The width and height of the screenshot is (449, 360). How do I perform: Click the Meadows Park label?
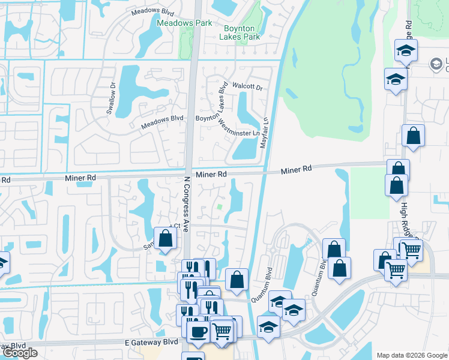(x=176, y=23)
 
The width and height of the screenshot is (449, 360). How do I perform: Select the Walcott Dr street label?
(x=248, y=87)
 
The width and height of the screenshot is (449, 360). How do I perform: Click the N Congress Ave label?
(x=187, y=204)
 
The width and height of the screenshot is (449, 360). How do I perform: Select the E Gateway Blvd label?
(x=152, y=341)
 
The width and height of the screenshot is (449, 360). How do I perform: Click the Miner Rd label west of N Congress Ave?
(x=80, y=178)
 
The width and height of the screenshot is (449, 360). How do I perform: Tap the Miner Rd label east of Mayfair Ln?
(x=297, y=170)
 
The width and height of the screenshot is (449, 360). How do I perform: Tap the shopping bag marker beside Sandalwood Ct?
(x=166, y=238)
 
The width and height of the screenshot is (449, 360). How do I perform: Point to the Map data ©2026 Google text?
(x=412, y=355)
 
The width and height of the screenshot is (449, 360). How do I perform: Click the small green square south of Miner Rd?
(x=220, y=207)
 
